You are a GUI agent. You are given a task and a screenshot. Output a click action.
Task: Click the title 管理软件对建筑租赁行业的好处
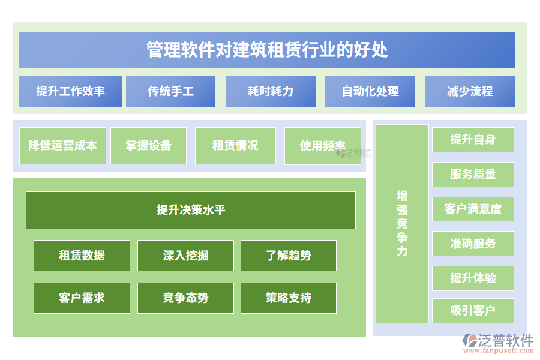pyautogui.click(x=267, y=50)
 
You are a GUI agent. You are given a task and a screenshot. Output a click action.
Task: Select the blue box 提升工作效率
pyautogui.click(x=70, y=91)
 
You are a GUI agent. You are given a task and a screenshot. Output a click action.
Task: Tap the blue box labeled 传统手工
pyautogui.click(x=170, y=91)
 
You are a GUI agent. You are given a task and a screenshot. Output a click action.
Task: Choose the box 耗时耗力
pyautogui.click(x=270, y=91)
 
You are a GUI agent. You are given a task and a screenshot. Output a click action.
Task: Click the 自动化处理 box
pyautogui.click(x=370, y=91)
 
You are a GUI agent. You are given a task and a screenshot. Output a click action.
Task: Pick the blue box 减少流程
pyautogui.click(x=469, y=91)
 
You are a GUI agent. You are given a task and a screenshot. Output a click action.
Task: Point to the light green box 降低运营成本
pyautogui.click(x=62, y=145)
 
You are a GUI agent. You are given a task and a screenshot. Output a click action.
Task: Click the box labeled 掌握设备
pyautogui.click(x=148, y=145)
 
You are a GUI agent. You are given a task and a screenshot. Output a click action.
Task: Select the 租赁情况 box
pyautogui.click(x=235, y=145)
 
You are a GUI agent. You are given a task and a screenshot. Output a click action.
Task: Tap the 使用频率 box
pyautogui.click(x=322, y=145)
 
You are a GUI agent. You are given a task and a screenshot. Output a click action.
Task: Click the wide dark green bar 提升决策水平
pyautogui.click(x=191, y=210)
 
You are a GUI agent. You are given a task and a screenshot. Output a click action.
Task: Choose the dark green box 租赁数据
pyautogui.click(x=82, y=256)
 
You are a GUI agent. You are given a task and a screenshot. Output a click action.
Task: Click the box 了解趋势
pyautogui.click(x=289, y=256)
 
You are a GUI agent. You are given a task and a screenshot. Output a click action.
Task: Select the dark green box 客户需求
pyautogui.click(x=82, y=298)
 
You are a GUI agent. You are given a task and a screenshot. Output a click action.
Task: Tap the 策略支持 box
pyautogui.click(x=289, y=298)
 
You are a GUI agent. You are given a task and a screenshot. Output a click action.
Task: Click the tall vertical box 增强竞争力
pyautogui.click(x=402, y=223)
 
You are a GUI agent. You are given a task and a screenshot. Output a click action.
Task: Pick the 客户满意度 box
pyautogui.click(x=473, y=209)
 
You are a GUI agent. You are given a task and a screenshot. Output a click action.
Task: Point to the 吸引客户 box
pyautogui.click(x=473, y=311)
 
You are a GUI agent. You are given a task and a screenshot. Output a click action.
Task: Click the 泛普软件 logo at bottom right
pyautogui.click(x=497, y=343)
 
